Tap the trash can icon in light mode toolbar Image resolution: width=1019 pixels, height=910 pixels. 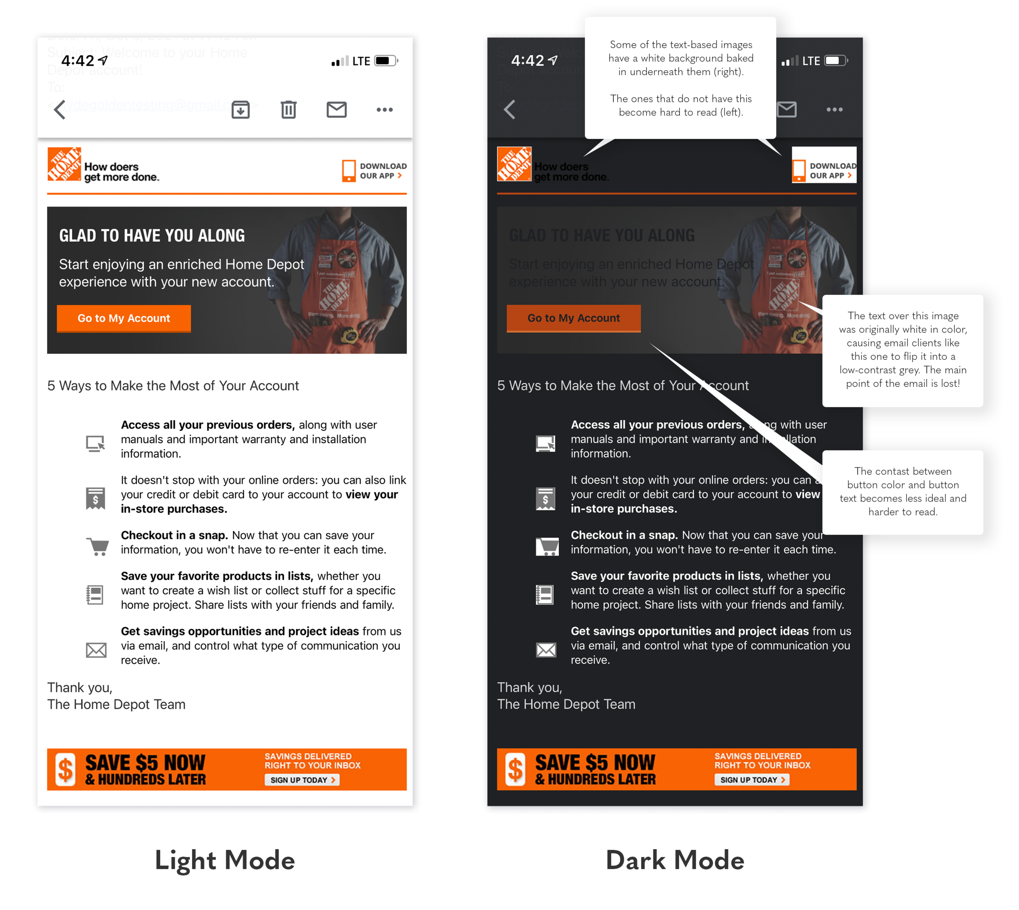pyautogui.click(x=288, y=109)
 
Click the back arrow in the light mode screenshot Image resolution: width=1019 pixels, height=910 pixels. pyautogui.click(x=60, y=109)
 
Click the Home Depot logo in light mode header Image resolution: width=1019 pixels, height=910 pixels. pyautogui.click(x=64, y=164)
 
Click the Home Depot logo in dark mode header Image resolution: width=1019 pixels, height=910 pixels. pyautogui.click(x=514, y=164)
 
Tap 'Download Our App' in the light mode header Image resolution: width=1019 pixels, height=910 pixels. pyautogui.click(x=375, y=171)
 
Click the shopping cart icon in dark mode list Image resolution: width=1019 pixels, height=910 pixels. pyautogui.click(x=547, y=546)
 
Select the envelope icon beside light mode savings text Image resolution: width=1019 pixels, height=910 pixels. pyautogui.click(x=96, y=650)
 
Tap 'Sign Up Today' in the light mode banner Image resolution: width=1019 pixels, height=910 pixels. pyautogui.click(x=302, y=779)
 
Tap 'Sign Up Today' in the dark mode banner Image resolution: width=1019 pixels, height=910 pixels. pyautogui.click(x=751, y=779)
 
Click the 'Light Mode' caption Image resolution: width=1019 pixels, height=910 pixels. pyautogui.click(x=225, y=860)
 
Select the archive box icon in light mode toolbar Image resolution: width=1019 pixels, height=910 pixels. pyautogui.click(x=240, y=109)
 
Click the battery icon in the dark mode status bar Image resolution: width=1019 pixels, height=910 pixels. pyautogui.click(x=836, y=60)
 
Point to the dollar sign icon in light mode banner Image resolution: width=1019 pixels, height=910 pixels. pyautogui.click(x=66, y=769)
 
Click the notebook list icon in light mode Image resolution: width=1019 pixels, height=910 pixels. pyautogui.click(x=95, y=595)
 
